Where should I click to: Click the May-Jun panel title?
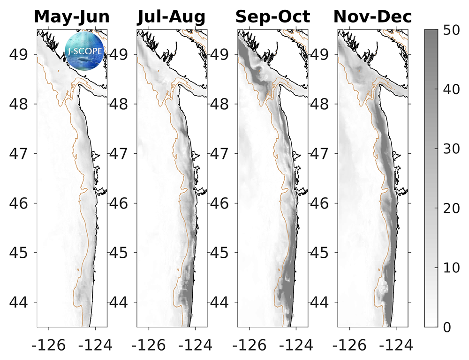click(x=72, y=17)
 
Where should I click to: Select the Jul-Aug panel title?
click(x=172, y=17)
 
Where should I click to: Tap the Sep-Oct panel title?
click(x=272, y=17)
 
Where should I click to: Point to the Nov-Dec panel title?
click(x=373, y=17)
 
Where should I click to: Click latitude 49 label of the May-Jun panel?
click(x=20, y=54)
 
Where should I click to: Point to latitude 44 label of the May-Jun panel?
click(x=20, y=302)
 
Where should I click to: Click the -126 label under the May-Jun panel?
click(x=46, y=345)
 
